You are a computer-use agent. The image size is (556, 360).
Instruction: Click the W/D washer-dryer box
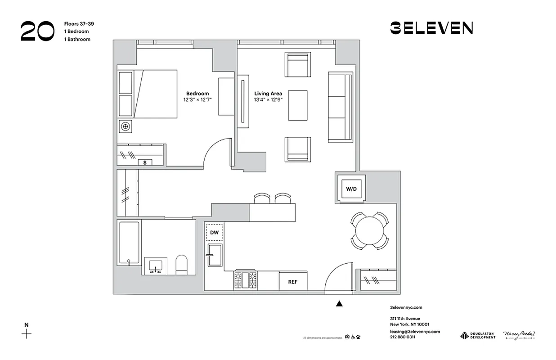pos(351,188)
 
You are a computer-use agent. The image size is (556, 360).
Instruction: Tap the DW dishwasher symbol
pos(214,232)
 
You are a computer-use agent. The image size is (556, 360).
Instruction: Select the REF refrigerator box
pos(293,281)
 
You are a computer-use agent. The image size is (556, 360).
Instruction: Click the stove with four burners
pos(245,280)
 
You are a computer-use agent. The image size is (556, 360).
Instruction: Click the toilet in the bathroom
pos(181,265)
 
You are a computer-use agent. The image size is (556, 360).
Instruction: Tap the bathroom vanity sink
pos(155,266)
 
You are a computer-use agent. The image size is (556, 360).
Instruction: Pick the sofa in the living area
pos(340,107)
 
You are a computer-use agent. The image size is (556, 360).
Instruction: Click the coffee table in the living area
pos(297,105)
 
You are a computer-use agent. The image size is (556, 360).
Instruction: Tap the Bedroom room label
pos(197,94)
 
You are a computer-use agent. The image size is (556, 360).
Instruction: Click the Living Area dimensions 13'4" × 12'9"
pos(268,100)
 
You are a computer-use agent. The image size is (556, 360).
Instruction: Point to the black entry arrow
pos(339,304)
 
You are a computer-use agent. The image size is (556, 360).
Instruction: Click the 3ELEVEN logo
pos(431,28)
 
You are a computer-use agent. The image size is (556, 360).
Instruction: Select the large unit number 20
pos(37,31)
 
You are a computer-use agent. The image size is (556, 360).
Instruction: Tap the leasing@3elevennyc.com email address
pos(415,331)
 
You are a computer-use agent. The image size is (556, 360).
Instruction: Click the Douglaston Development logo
pos(477,336)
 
